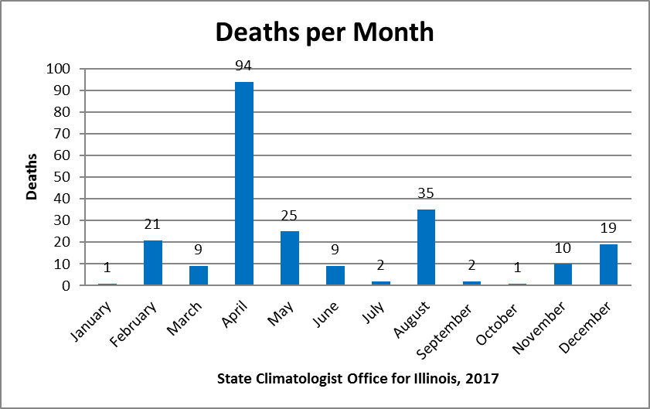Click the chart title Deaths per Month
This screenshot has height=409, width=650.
(325, 32)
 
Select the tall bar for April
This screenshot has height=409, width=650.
(244, 183)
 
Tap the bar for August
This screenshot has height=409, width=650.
(426, 247)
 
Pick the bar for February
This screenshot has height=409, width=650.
(153, 262)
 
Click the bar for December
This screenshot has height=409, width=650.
(608, 264)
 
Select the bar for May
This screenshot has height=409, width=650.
(290, 258)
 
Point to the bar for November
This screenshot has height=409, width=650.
(563, 274)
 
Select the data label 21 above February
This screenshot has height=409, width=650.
(153, 225)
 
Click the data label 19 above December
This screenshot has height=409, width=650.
(608, 230)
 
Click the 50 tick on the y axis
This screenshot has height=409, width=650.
(62, 177)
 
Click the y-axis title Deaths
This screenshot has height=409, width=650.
(32, 177)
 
